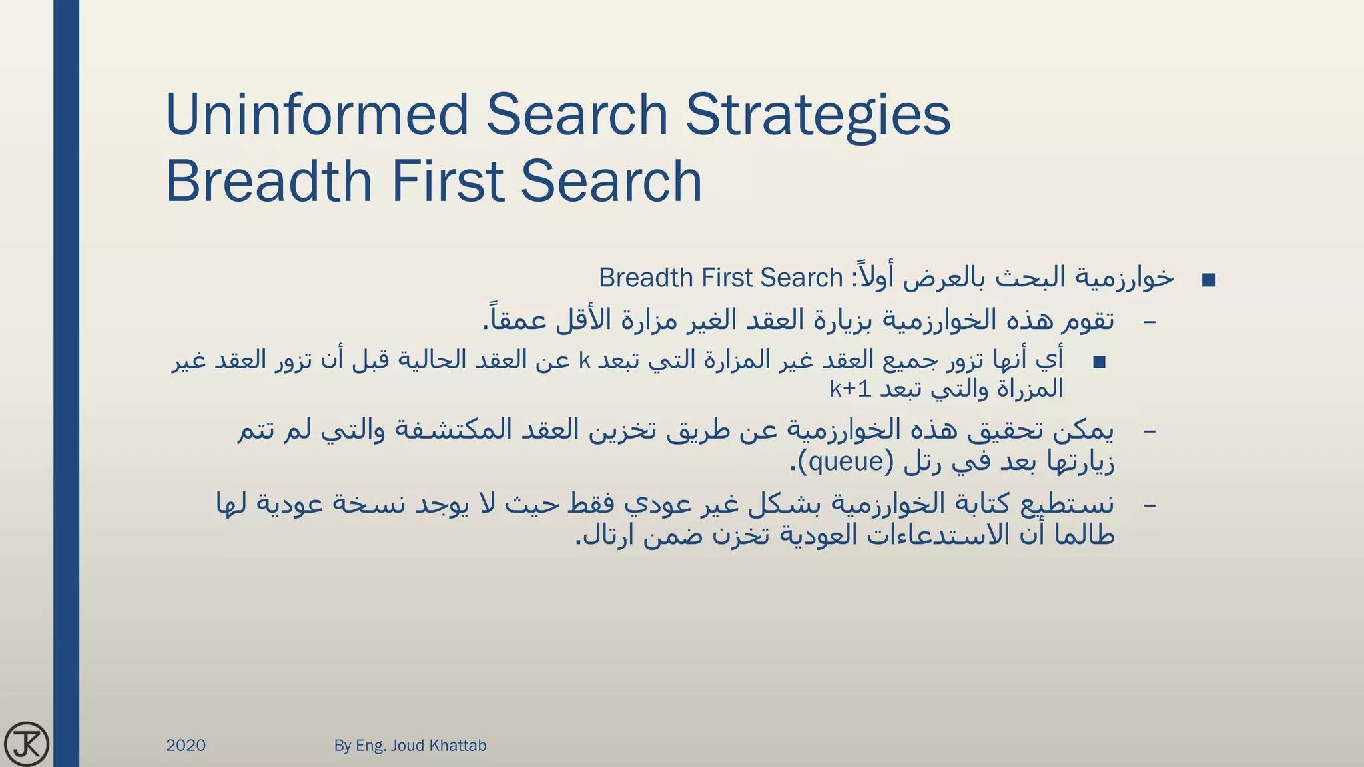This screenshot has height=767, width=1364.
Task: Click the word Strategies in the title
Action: click(818, 115)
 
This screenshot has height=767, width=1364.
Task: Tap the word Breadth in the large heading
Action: click(268, 181)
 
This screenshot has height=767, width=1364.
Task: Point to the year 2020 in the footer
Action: click(186, 745)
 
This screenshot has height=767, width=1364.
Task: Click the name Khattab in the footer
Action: click(458, 745)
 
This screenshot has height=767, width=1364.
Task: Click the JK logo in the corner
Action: click(26, 744)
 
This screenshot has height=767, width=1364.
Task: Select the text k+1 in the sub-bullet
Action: click(851, 389)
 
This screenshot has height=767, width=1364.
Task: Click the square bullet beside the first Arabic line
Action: click(1209, 280)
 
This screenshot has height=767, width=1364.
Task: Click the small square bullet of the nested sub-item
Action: click(1099, 362)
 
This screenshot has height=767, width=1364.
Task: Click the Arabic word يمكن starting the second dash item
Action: click(1084, 431)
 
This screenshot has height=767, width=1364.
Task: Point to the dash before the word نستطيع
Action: click(1150, 505)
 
